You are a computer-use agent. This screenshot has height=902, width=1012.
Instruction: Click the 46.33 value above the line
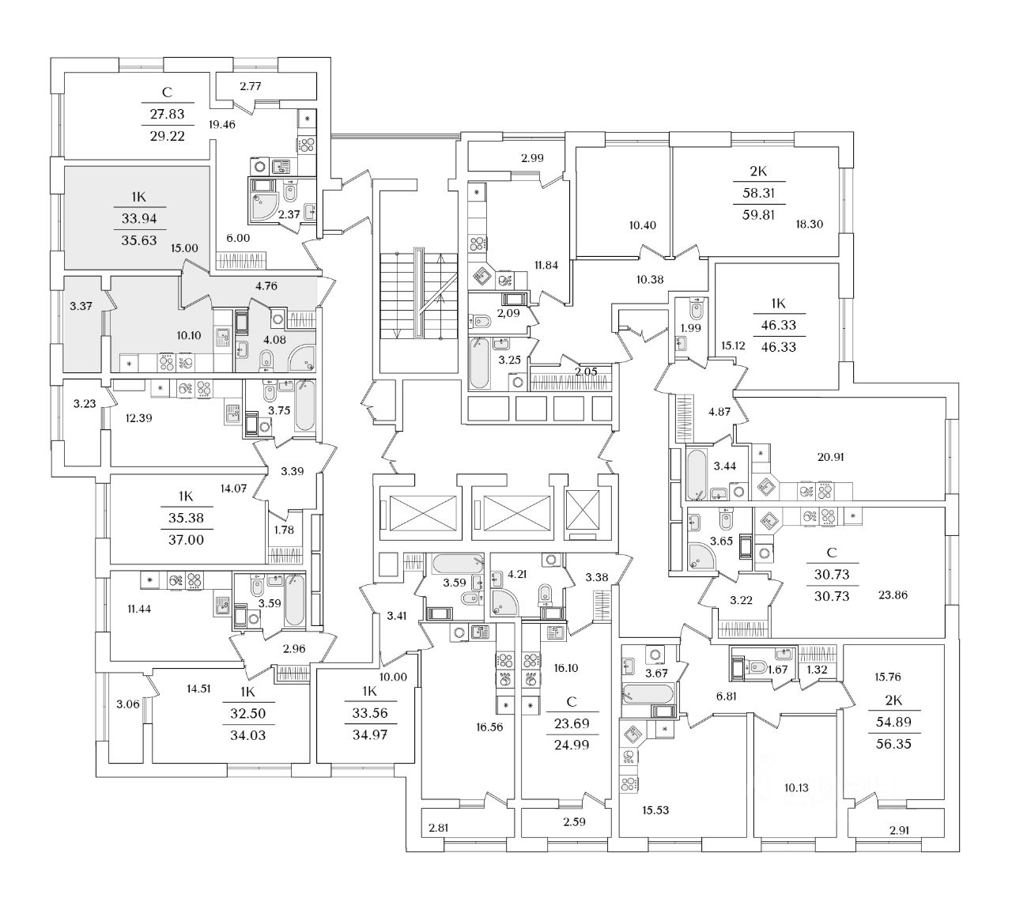pyautogui.click(x=776, y=324)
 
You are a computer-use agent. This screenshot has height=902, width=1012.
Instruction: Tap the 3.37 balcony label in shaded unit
pyautogui.click(x=81, y=306)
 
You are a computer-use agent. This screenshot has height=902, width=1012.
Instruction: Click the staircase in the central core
pyautogui.click(x=418, y=294)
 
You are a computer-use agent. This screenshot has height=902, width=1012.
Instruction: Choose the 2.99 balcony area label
pyautogui.click(x=532, y=157)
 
